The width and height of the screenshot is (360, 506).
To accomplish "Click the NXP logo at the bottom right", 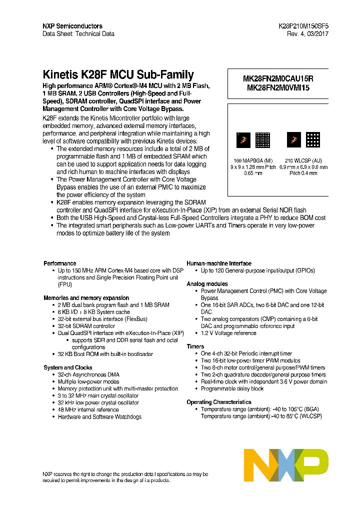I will pyautogui.click(x=286, y=464).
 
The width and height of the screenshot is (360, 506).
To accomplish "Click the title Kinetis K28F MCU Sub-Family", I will pyautogui.click(x=118, y=75).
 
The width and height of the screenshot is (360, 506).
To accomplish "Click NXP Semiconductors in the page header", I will pyautogui.click(x=72, y=26).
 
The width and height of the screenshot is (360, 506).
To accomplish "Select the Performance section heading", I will pyautogui.click(x=60, y=263).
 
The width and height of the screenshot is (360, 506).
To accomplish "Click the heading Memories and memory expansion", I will pyautogui.click(x=86, y=298).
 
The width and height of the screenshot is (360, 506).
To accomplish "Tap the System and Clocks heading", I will pyautogui.click(x=67, y=367).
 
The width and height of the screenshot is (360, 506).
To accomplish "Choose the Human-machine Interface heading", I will pyautogui.click(x=219, y=263).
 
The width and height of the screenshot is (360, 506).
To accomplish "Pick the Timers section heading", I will pyautogui.click(x=195, y=346).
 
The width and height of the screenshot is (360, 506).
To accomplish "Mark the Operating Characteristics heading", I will pyautogui.click(x=219, y=402).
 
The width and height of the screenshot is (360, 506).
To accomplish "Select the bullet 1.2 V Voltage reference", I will pyautogui.click(x=228, y=333).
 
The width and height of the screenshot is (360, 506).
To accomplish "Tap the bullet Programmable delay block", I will pyautogui.click(x=232, y=388).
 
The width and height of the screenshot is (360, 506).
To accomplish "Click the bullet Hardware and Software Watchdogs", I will pyautogui.click(x=99, y=416).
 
